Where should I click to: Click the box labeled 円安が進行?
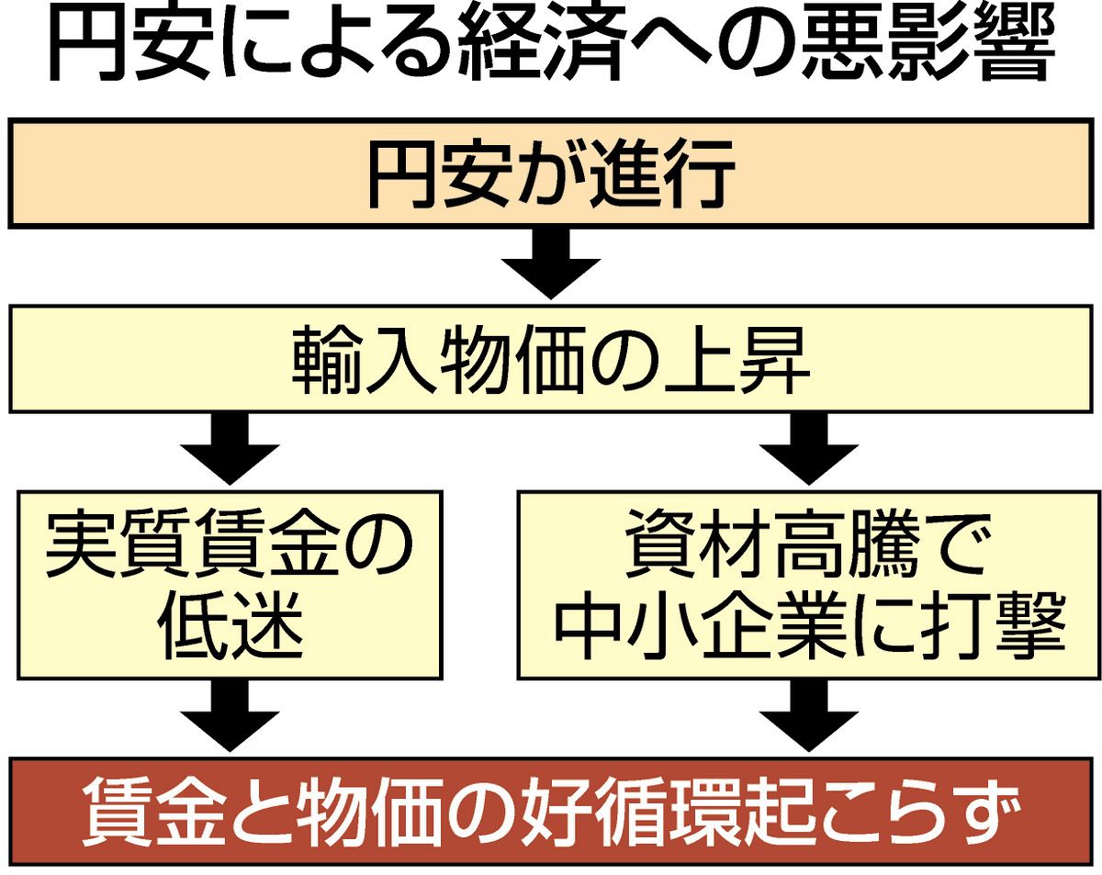551,173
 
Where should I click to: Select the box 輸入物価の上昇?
551,359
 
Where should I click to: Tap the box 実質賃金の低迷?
229,585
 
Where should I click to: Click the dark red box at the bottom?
551,812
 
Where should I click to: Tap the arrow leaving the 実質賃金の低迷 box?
229,717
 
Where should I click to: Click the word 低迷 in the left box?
229,630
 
